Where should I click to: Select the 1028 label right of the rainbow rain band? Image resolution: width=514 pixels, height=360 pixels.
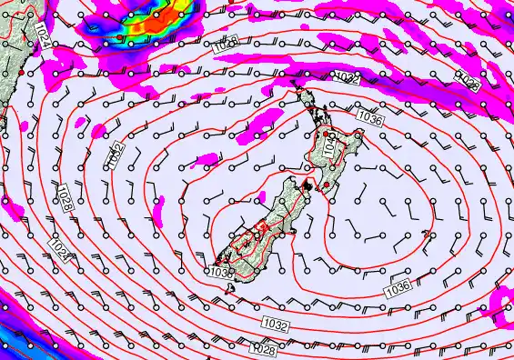[x=226, y=42]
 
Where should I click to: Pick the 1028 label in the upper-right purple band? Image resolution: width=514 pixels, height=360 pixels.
[x=469, y=83]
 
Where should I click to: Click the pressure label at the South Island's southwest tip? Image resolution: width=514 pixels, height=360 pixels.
[x=220, y=271]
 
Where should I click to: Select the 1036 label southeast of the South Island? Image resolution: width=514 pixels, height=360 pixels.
[x=398, y=289]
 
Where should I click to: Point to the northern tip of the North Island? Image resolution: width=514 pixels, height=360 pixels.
[x=294, y=85]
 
